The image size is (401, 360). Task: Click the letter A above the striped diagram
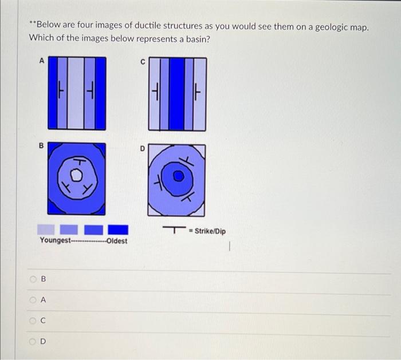[x=41, y=60]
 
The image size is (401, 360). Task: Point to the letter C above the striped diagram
[x=143, y=63]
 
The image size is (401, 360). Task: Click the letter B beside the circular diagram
[x=41, y=146]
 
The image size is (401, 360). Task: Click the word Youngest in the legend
[x=54, y=240]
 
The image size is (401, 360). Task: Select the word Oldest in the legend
[x=117, y=240]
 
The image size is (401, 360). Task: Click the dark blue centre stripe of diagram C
[x=178, y=94]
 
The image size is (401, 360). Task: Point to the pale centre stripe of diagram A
[x=76, y=93]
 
